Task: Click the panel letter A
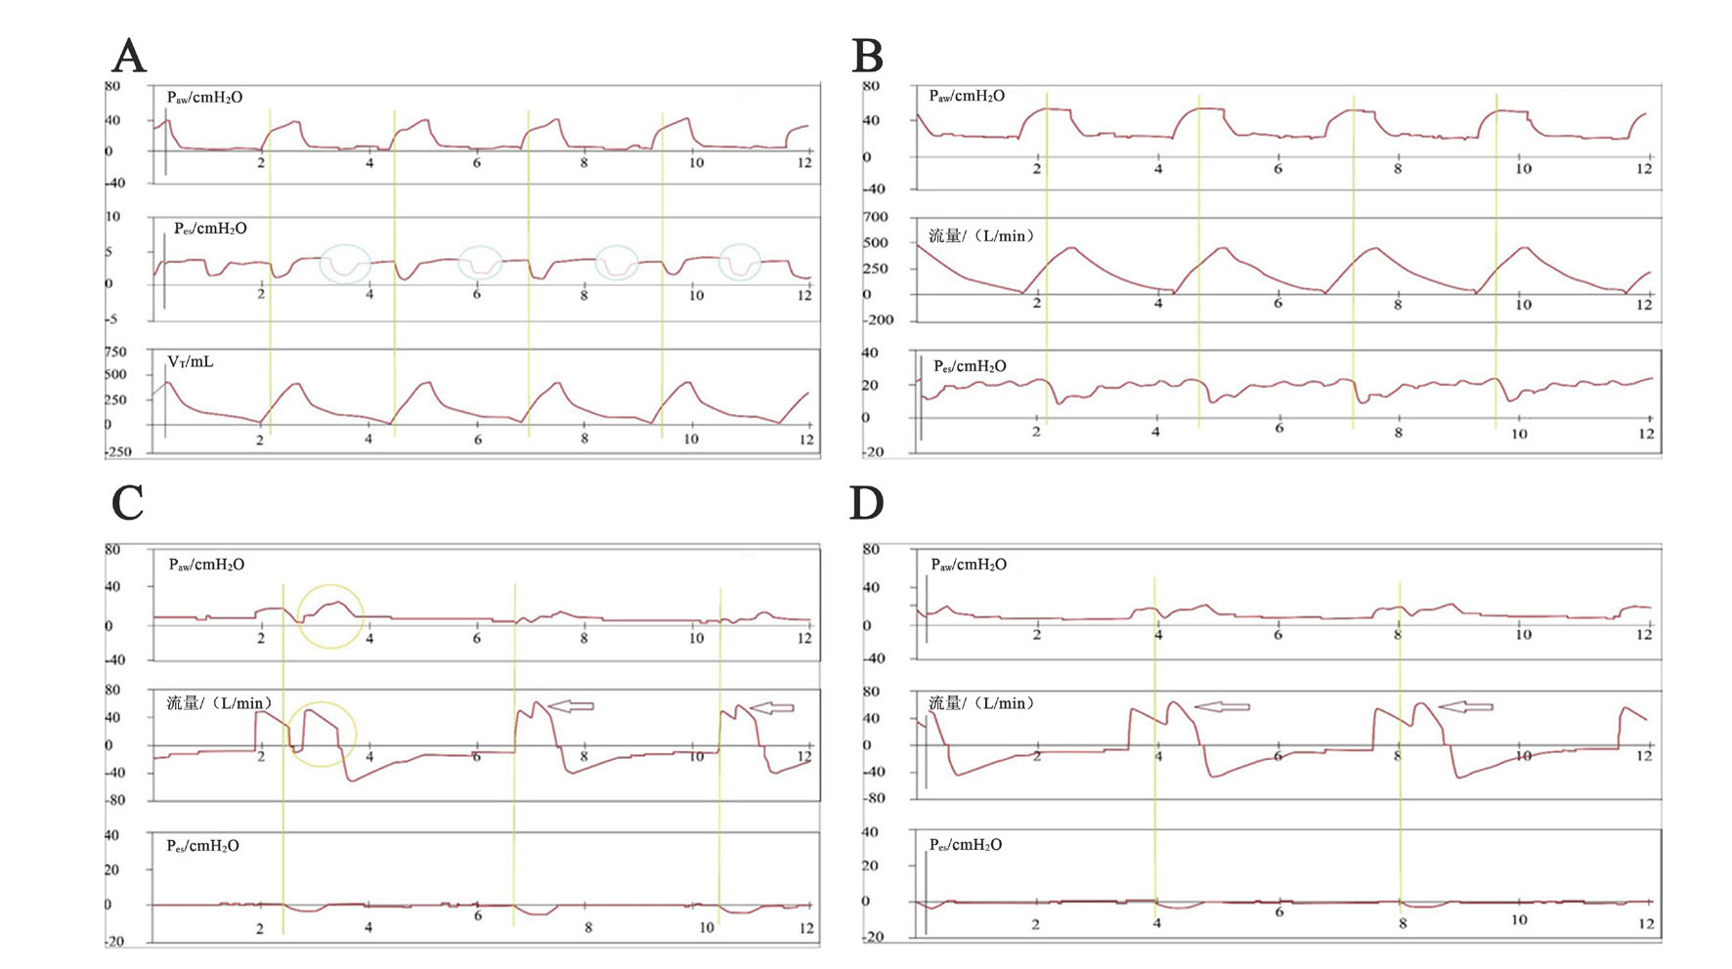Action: click(129, 57)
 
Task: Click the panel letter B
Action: click(868, 57)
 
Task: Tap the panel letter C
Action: click(128, 504)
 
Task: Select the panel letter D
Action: click(867, 504)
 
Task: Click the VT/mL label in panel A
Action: click(191, 362)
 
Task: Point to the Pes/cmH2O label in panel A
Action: click(210, 229)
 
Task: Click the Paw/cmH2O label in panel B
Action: click(967, 96)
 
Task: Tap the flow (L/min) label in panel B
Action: click(980, 235)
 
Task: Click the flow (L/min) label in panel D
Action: click(980, 703)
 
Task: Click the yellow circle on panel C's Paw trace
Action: click(330, 616)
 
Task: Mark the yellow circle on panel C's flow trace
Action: click(324, 734)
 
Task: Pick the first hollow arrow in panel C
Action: click(571, 705)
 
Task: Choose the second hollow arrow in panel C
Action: click(772, 707)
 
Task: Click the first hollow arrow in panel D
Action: click(1222, 706)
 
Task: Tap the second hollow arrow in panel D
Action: click(1465, 706)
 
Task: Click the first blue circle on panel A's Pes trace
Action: click(345, 264)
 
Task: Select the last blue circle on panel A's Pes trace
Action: click(740, 264)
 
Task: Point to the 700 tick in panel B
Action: click(875, 217)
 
